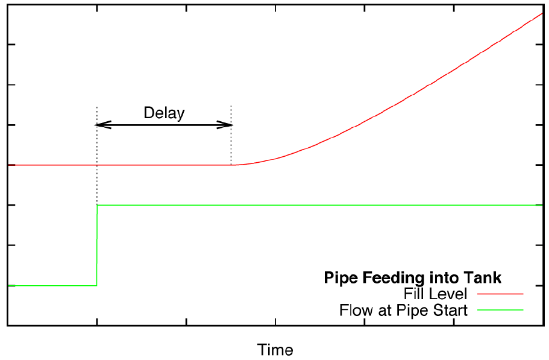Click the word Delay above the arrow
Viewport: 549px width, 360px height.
tap(164, 113)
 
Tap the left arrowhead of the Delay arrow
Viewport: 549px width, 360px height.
tap(100, 125)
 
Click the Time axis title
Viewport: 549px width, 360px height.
tap(275, 350)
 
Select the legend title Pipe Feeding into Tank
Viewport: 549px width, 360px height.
tap(413, 277)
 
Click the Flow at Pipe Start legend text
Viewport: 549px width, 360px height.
tap(403, 311)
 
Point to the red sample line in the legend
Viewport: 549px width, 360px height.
tap(500, 294)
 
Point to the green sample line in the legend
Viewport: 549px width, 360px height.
tap(500, 310)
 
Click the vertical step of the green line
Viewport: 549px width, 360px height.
tap(97, 245)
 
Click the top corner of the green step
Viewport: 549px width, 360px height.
tap(98, 206)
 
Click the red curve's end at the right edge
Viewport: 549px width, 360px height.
tap(542, 13)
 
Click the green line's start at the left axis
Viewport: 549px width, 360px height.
tap(8, 285)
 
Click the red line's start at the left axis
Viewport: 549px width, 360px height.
tap(8, 165)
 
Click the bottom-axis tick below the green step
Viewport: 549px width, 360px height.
tap(97, 323)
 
